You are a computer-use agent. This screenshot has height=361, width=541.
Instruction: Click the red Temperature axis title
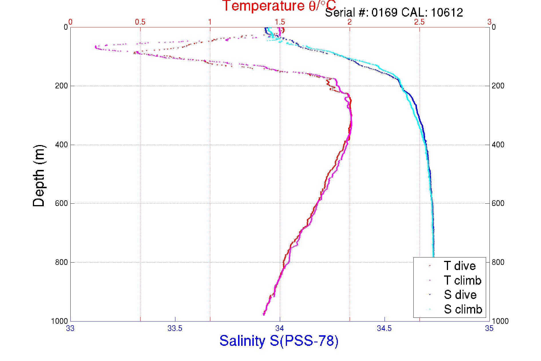click(279, 6)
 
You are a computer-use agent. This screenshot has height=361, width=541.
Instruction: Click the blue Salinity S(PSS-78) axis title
click(279, 341)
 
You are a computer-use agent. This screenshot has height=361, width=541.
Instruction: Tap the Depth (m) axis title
click(39, 176)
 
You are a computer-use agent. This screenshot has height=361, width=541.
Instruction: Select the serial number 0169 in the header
click(384, 13)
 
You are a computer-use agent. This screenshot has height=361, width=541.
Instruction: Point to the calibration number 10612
click(447, 13)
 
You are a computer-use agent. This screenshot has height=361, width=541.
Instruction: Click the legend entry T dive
click(459, 266)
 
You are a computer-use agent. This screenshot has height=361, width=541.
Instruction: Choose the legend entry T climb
click(462, 280)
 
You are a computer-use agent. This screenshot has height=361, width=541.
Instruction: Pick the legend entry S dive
click(460, 295)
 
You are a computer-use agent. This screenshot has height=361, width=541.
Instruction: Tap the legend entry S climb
click(463, 309)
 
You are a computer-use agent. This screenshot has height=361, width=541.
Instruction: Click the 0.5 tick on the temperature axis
click(140, 22)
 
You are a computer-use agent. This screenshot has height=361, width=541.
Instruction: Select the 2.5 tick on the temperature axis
click(419, 22)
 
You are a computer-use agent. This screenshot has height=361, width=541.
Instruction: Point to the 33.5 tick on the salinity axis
click(175, 328)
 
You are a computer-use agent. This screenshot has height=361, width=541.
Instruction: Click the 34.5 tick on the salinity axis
click(384, 328)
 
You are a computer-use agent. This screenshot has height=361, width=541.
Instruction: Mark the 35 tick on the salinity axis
click(489, 328)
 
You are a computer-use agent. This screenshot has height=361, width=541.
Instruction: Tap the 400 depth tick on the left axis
click(62, 145)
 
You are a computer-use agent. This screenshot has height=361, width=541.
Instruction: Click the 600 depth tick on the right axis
click(498, 203)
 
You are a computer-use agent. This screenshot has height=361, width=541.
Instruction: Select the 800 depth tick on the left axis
click(62, 262)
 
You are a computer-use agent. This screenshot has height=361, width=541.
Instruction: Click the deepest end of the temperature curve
click(263, 314)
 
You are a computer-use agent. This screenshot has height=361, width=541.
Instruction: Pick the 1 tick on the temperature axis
click(210, 22)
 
